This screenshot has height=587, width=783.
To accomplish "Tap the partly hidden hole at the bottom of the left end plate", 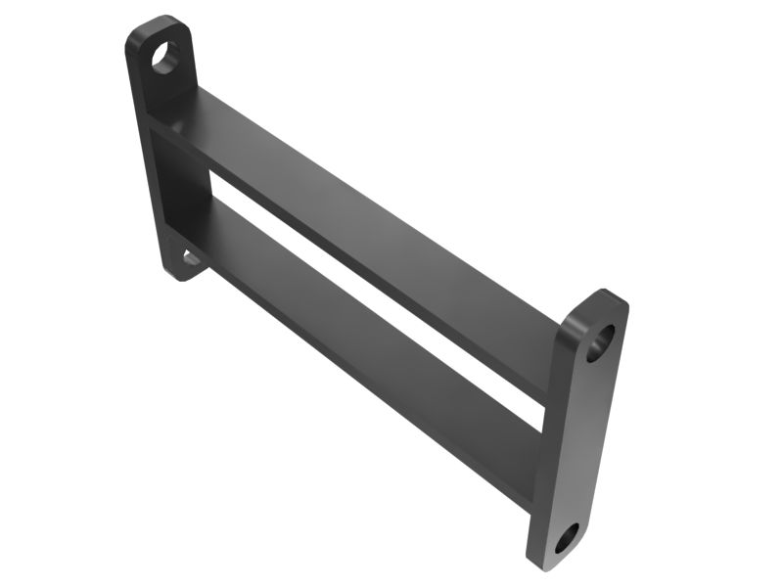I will tap(191, 258).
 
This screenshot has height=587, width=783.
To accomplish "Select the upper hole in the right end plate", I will tap(600, 341).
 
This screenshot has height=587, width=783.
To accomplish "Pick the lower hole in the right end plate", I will tap(567, 537).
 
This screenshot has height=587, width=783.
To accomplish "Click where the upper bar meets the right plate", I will tap(553, 362).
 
